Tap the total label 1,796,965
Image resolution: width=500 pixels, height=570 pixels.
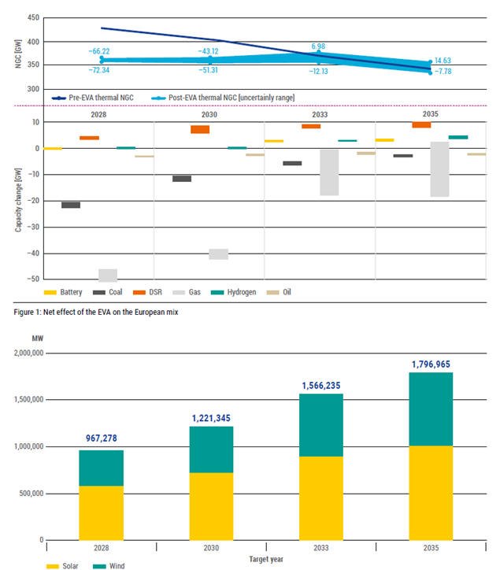click(x=431, y=365)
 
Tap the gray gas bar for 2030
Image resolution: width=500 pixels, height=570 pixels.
click(x=219, y=254)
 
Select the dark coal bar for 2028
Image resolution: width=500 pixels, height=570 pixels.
click(x=71, y=205)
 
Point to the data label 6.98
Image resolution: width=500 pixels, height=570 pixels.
click(x=318, y=46)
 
